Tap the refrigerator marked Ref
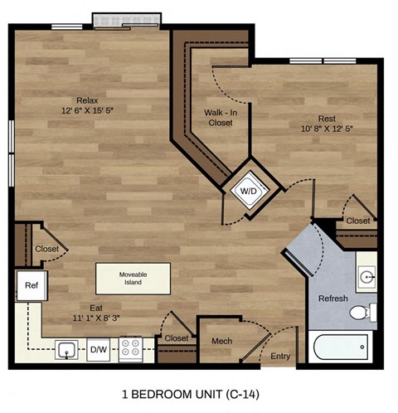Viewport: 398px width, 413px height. [31, 285]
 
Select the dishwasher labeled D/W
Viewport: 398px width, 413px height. [99, 348]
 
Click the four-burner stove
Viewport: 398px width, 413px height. [130, 347]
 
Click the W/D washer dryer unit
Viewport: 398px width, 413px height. [248, 190]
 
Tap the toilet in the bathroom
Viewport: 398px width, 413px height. [361, 313]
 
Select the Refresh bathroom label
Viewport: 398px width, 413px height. [332, 298]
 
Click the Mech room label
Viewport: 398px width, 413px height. [221, 340]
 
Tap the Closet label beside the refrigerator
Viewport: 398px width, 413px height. [47, 249]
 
